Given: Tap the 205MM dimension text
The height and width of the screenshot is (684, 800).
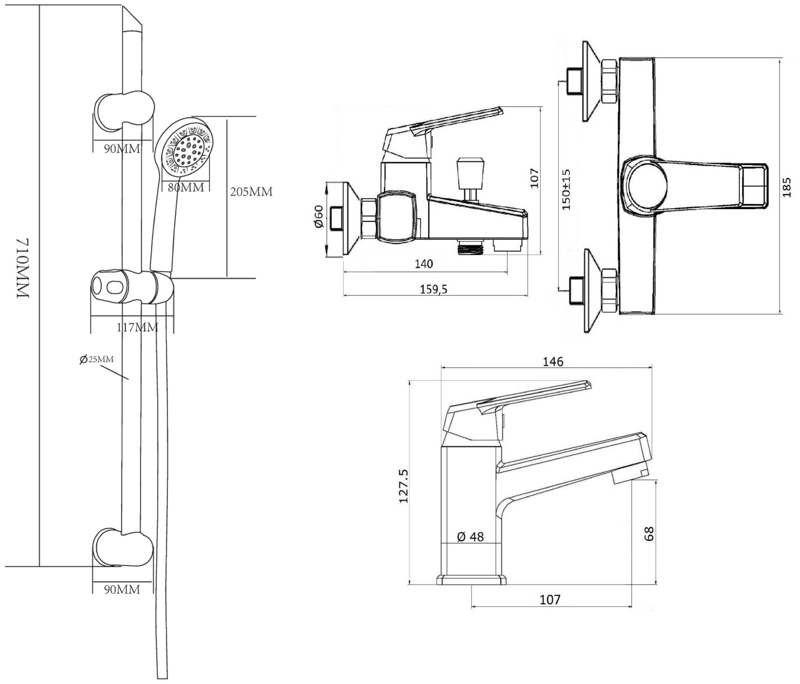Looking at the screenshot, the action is pos(251,192).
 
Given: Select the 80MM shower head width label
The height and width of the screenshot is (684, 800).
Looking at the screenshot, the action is pos(186,188).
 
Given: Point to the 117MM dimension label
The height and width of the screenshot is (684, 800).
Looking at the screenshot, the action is pos(138,328).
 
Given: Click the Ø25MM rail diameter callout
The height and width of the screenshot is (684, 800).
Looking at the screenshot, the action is pos(97,359).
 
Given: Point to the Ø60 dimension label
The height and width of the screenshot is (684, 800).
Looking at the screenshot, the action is pos(318,217).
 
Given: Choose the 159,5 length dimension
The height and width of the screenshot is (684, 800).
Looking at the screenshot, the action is pos(434,290).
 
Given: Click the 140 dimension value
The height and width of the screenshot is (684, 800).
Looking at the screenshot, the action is pos(424,264).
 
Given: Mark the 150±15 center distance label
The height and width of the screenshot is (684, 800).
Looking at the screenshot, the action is pos(567,190).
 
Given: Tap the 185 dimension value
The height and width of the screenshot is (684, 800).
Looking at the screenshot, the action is pos(787,187).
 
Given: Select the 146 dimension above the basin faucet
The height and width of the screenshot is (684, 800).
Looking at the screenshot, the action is pos(553,361).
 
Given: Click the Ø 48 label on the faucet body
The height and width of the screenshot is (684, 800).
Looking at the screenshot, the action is pos(470,537).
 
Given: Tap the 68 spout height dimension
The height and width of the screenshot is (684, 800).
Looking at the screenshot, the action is pos(649,534).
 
